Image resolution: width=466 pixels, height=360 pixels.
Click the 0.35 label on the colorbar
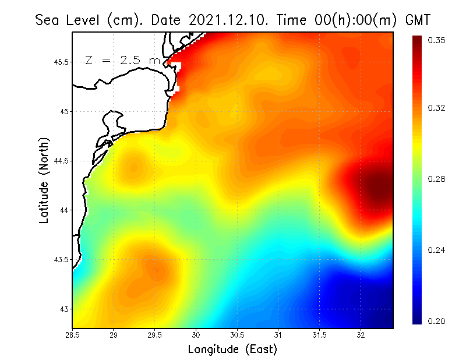437,40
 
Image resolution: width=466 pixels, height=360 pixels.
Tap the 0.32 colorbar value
437,108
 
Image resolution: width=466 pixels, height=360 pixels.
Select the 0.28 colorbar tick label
437,179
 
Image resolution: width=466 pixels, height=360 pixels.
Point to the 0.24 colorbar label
437,250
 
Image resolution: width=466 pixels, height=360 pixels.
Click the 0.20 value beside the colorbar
437,321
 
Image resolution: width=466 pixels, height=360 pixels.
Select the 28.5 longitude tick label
72,335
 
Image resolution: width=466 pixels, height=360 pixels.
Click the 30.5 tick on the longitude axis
237,335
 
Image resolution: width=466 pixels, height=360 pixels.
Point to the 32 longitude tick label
361,335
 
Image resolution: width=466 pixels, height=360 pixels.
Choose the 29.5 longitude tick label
155,335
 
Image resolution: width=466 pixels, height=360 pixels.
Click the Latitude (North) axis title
44,181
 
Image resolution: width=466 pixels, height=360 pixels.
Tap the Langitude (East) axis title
232,350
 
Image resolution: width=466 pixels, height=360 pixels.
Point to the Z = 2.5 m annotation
122,60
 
